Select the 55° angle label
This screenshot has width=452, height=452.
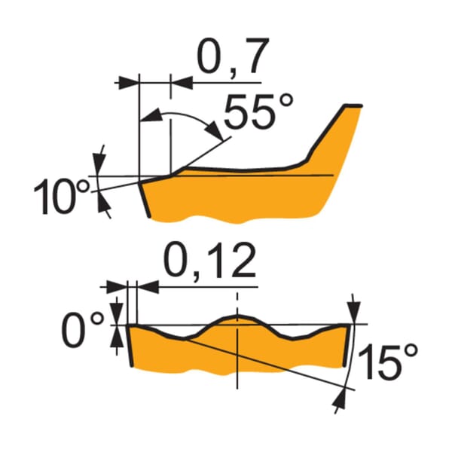(x=258, y=111)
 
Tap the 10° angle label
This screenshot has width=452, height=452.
(x=62, y=197)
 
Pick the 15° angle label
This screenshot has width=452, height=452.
(x=387, y=362)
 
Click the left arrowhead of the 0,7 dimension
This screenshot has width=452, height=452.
(x=129, y=83)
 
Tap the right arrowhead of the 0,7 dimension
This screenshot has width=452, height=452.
(x=182, y=83)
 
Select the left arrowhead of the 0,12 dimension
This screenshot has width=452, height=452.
(x=117, y=287)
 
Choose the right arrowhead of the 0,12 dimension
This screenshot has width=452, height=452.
(x=148, y=287)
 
